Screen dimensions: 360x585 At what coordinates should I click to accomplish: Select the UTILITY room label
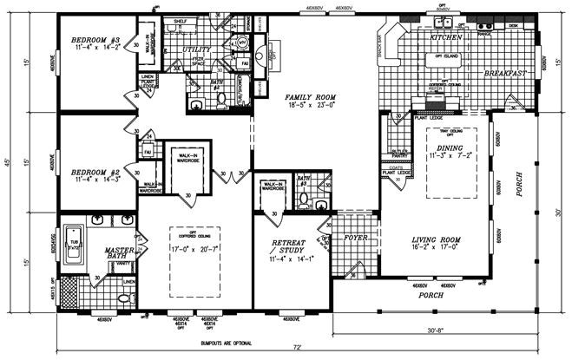tap(197, 50)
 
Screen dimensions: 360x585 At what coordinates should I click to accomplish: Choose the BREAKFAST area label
tap(506, 75)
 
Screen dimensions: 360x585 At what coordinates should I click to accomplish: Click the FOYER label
tap(356, 236)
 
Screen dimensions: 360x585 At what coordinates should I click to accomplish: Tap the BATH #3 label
tap(304, 180)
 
